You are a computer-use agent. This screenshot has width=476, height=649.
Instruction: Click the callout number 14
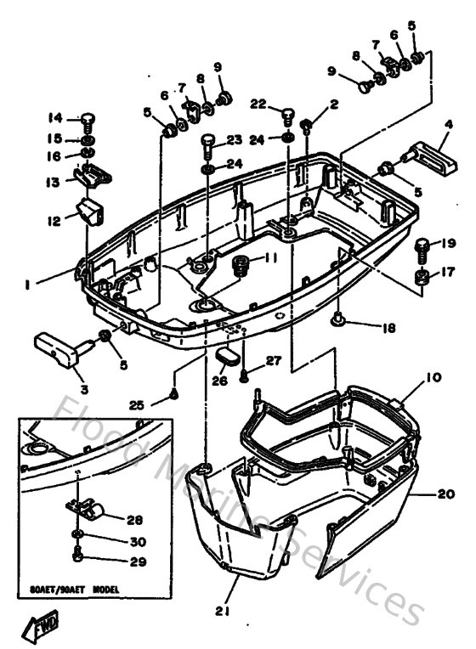(54, 118)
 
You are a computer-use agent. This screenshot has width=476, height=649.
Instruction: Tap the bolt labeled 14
(87, 120)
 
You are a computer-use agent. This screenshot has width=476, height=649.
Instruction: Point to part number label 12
(54, 221)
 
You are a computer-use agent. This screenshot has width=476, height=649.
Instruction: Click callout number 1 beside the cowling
(29, 285)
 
